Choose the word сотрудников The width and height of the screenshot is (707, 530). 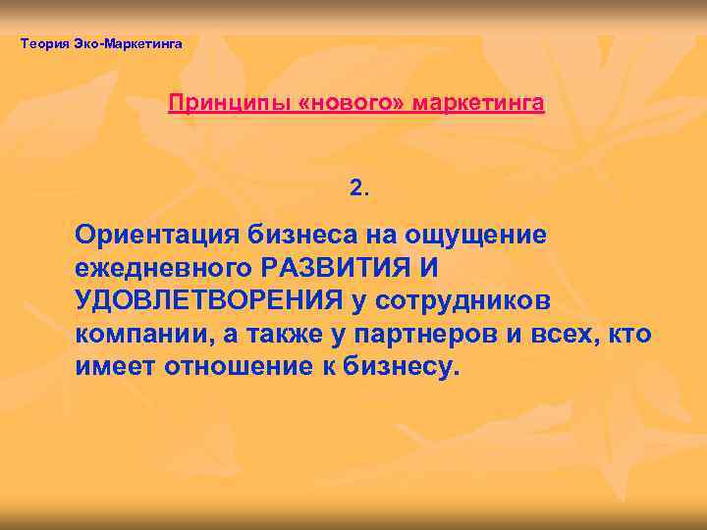click(465, 300)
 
